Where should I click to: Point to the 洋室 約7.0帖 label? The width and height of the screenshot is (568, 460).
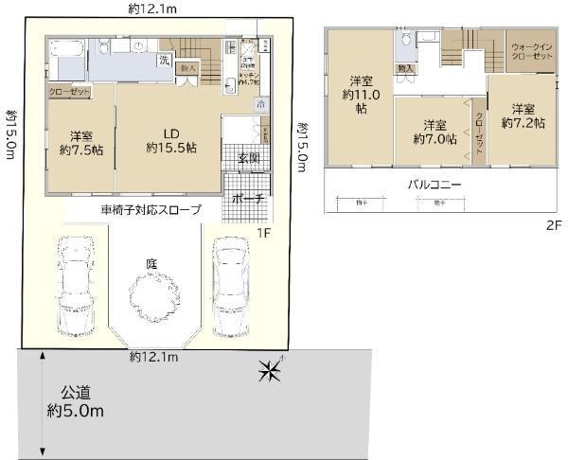coord(435,132)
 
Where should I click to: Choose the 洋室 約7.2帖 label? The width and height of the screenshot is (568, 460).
coord(524,115)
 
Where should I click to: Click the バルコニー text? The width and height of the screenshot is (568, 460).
coord(435,185)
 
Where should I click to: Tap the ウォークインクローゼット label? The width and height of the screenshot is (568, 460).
coord(531,51)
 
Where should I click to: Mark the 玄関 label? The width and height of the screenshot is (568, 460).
coord(249,158)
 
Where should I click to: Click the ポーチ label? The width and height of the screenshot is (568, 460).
coord(248,199)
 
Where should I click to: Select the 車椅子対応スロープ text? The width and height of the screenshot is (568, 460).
coord(151,209)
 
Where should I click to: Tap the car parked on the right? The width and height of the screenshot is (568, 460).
coord(229,284)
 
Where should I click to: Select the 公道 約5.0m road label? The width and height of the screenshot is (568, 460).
coord(76,401)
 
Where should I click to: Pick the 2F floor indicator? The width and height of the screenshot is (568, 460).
coord(553,226)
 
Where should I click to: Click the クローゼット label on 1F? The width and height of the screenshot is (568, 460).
coord(69,92)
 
